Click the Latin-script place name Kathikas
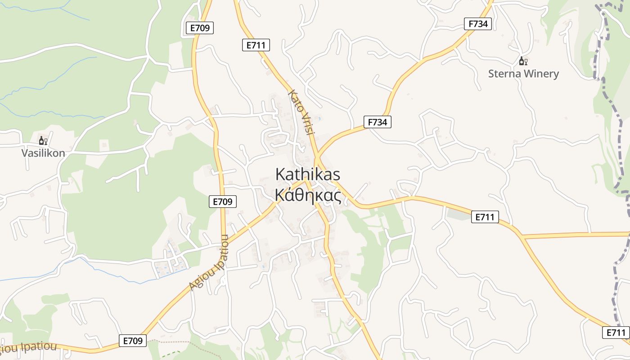[308, 175]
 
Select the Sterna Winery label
[523, 74]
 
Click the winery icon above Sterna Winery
[523, 61]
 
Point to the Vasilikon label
[43, 153]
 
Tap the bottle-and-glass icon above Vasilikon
[43, 141]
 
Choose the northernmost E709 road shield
[200, 28]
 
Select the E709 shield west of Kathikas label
[223, 202]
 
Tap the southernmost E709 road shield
[134, 341]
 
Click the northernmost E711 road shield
[256, 45]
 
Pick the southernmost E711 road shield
[616, 333]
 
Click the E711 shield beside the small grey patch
[485, 217]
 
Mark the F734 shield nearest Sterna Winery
[478, 24]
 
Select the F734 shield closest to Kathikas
[377, 122]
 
